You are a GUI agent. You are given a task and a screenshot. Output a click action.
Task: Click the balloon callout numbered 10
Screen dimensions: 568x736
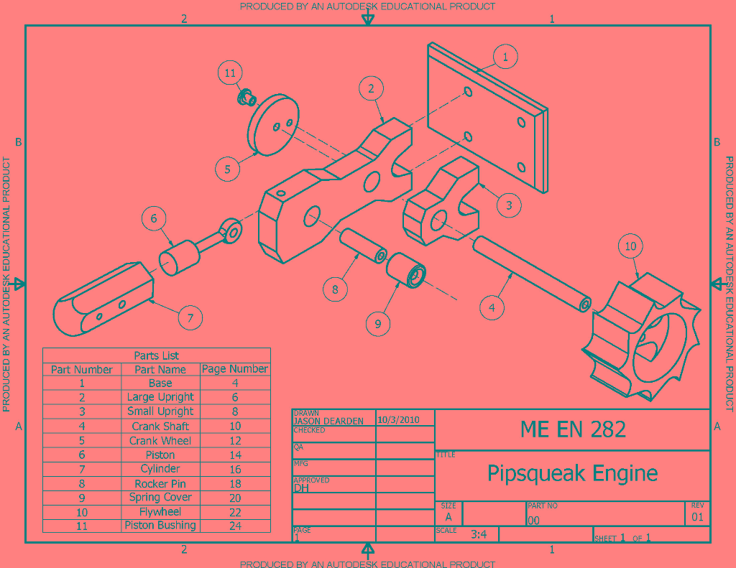click(x=630, y=246)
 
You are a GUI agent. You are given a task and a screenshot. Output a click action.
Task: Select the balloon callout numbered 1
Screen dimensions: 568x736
click(x=505, y=57)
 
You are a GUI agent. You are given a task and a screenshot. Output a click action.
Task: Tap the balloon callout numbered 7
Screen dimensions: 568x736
click(x=190, y=317)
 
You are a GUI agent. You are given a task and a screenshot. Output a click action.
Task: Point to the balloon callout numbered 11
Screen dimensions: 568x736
click(x=230, y=73)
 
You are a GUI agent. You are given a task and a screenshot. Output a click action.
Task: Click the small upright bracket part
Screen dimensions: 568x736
click(x=440, y=205)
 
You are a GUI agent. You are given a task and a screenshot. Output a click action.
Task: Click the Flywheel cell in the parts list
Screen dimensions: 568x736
click(x=160, y=512)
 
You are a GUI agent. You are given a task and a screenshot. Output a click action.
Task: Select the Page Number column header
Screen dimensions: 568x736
click(x=235, y=369)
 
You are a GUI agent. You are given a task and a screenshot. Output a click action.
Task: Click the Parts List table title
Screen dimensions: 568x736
click(x=157, y=355)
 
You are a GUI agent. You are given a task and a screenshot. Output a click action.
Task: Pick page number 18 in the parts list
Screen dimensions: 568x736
click(x=235, y=483)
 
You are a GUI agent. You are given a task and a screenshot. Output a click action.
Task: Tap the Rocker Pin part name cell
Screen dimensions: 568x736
click(x=160, y=483)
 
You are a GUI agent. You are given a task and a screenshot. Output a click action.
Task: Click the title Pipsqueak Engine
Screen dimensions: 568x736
click(x=572, y=474)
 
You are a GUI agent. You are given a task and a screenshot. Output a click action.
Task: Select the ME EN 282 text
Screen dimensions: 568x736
click(x=573, y=429)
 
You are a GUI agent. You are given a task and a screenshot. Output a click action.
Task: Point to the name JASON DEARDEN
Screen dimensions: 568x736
click(x=328, y=421)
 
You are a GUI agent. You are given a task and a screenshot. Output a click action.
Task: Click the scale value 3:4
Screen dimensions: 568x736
click(x=479, y=534)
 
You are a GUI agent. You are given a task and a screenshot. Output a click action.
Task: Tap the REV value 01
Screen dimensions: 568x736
click(x=697, y=517)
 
